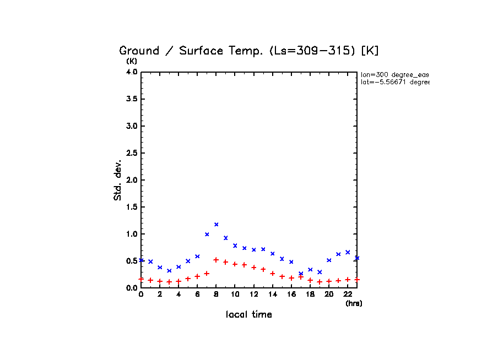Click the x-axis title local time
click(x=248, y=314)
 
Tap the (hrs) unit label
click(x=353, y=303)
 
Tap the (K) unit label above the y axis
click(x=132, y=61)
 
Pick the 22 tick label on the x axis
click(x=347, y=294)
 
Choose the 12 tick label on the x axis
click(x=253, y=294)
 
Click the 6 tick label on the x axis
click(x=197, y=294)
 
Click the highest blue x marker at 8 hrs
click(x=216, y=224)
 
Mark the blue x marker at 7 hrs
click(x=207, y=234)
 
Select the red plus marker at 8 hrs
click(x=216, y=260)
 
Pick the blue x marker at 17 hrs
click(x=300, y=274)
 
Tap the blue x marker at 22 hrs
click(x=347, y=252)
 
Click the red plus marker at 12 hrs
click(x=253, y=268)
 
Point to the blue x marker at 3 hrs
click(x=169, y=270)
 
